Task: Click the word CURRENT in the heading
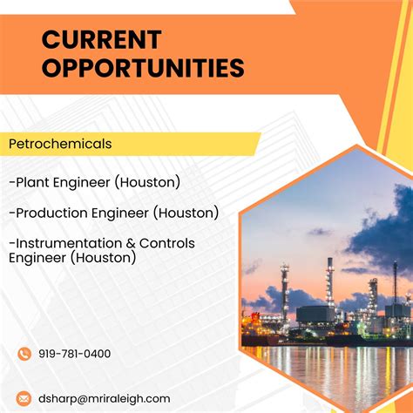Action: pos(101,40)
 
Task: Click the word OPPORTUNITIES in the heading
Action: pos(143,68)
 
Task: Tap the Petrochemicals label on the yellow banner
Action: pos(60,143)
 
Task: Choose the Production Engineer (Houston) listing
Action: pos(113,213)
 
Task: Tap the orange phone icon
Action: pos(24,354)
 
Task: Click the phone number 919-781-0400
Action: pos(75,354)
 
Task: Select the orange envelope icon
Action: pos(24,398)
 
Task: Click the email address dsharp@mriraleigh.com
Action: pos(105,398)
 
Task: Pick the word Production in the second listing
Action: pos(51,213)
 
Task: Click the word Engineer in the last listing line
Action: pos(37,258)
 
